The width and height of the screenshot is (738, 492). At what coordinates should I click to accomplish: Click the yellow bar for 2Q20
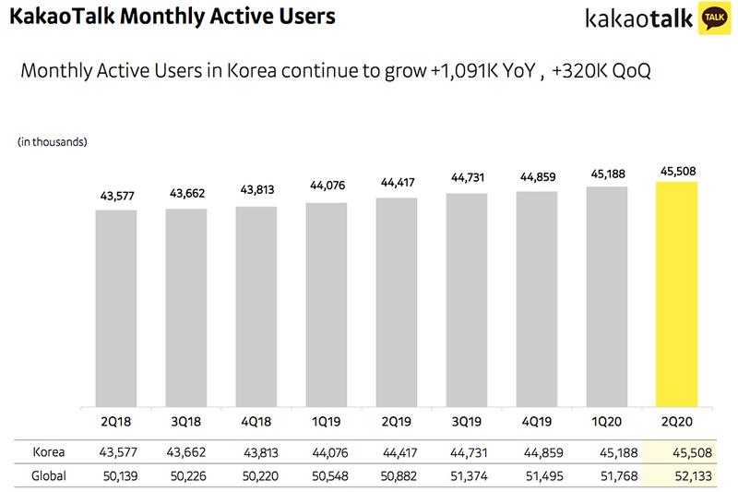tap(676, 293)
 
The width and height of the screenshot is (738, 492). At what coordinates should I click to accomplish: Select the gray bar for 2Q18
tap(116, 307)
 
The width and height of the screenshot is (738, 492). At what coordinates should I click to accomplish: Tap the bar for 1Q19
tap(326, 304)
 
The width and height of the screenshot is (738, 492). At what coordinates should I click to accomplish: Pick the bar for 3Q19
tap(466, 300)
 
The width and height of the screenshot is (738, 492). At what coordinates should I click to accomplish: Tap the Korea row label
tap(49, 452)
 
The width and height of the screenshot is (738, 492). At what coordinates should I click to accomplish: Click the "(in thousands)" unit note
tap(53, 141)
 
